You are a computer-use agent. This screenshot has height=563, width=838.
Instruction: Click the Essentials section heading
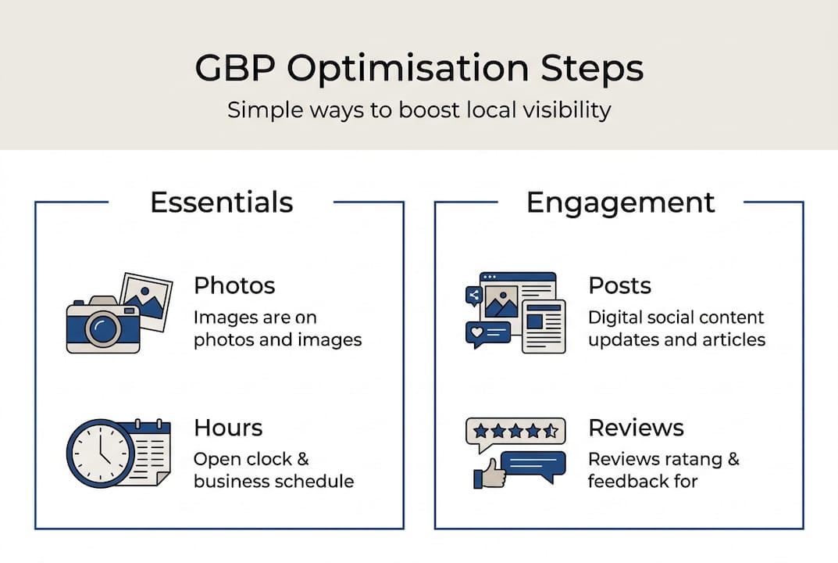221,203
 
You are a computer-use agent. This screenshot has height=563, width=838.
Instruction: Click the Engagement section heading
620,203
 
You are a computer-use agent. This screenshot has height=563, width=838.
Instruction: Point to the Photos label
234,285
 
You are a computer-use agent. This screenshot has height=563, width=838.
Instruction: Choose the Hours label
228,428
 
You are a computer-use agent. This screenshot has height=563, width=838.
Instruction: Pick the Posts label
619,285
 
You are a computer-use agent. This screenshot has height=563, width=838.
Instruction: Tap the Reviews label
636,428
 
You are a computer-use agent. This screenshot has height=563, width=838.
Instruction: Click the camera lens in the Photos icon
102,328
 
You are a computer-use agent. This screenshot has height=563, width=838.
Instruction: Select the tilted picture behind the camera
147,298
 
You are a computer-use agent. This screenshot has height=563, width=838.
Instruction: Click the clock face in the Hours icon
100,453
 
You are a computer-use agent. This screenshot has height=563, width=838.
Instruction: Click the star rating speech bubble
515,431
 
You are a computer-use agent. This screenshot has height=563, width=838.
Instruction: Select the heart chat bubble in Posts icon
484,333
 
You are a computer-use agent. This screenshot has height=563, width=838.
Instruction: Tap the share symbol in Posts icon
473,295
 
